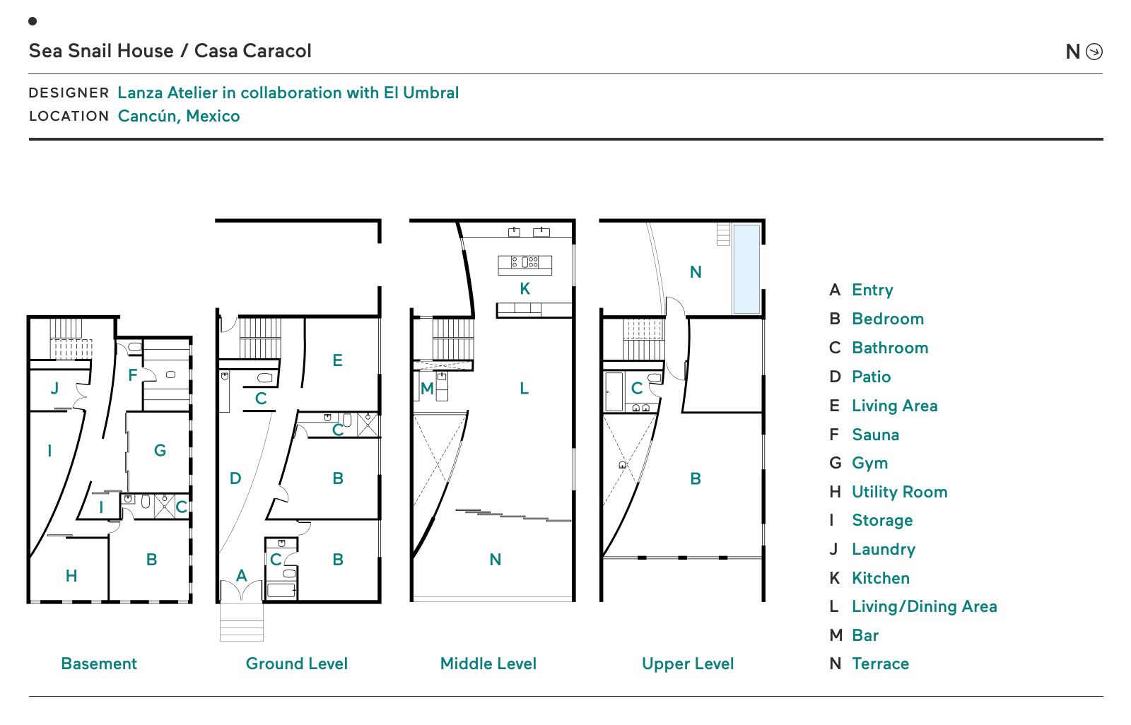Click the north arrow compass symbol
point(1094,52)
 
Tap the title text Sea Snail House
point(101,51)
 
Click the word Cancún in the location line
point(146,116)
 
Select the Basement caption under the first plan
point(99,664)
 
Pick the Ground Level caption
point(297,664)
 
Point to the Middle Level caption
point(488,664)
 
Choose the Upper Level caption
point(688,664)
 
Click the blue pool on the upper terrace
point(746,269)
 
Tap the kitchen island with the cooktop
point(525,264)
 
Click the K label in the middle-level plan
point(525,288)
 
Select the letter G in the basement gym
point(160,450)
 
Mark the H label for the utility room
point(71,576)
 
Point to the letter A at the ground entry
point(242,575)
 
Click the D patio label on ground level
point(235,478)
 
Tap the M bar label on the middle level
point(427,389)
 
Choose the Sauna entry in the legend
point(875,435)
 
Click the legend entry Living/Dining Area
point(924,606)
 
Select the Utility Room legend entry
point(899,492)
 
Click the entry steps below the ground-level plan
point(242,622)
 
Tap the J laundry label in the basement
point(54,388)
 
